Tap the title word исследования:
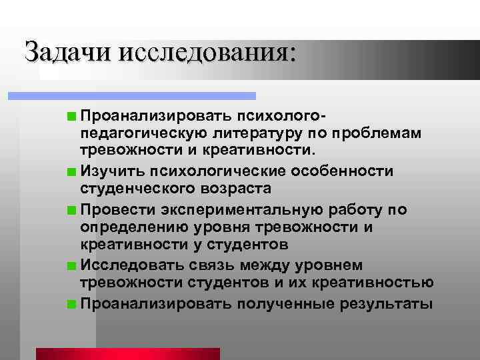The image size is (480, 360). pos(206,53)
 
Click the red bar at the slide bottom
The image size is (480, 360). pos(127,353)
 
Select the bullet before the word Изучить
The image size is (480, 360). pos(71,172)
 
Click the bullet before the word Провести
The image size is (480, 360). pos(71,210)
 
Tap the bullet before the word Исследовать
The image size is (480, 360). pos(71,267)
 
